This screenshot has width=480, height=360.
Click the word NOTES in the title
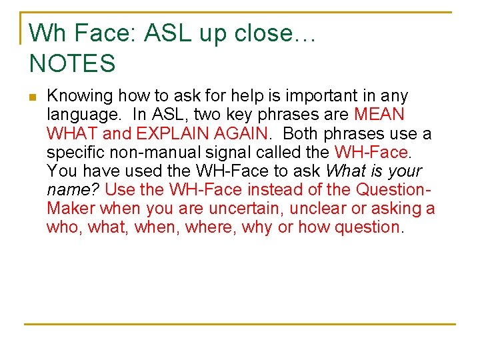73,63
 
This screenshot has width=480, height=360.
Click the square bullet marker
32,97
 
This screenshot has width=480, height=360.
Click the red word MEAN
379,115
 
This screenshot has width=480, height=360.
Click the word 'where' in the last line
211,227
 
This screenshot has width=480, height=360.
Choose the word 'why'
257,227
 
